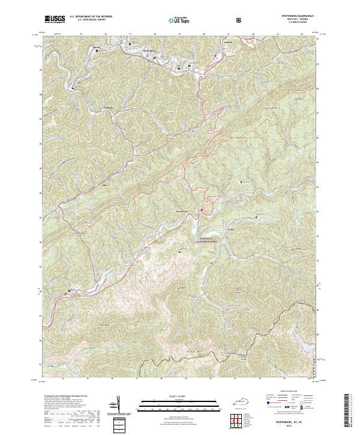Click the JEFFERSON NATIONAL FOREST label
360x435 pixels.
(x=206, y=239)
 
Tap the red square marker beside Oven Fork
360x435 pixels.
(x=202, y=209)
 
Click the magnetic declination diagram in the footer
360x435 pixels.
(x=118, y=404)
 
